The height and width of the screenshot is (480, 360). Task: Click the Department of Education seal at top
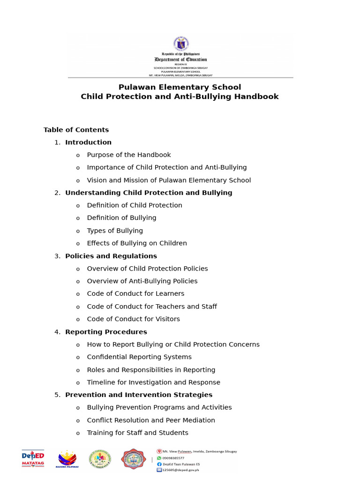point(181,44)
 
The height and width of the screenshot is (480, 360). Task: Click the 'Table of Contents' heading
point(76,130)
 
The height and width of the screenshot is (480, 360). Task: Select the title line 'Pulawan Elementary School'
point(180,87)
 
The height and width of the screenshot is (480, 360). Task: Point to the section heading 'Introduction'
point(88,142)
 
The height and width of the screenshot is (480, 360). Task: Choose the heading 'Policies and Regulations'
point(111,256)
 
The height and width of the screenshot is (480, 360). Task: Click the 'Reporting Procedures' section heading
point(106,332)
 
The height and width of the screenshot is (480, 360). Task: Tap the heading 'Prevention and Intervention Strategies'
point(139,395)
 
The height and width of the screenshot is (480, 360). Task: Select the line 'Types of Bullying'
point(115,231)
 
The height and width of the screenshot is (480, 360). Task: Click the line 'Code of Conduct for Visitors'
point(133,319)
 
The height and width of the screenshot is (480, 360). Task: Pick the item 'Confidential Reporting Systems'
point(139,357)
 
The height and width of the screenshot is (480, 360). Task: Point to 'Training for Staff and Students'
point(137,433)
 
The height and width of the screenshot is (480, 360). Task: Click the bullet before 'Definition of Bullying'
point(78,218)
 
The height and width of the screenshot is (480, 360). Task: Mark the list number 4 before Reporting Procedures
point(57,332)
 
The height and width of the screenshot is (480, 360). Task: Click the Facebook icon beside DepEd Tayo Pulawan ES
point(159,464)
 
